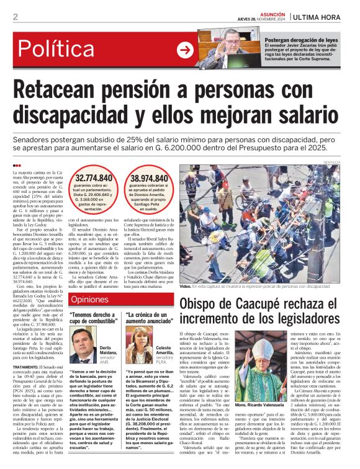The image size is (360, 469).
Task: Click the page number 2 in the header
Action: coord(15,17)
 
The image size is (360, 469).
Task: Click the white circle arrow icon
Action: coord(184,50)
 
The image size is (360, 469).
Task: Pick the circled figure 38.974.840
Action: coord(151,179)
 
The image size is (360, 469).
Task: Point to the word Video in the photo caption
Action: coord(185,287)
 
